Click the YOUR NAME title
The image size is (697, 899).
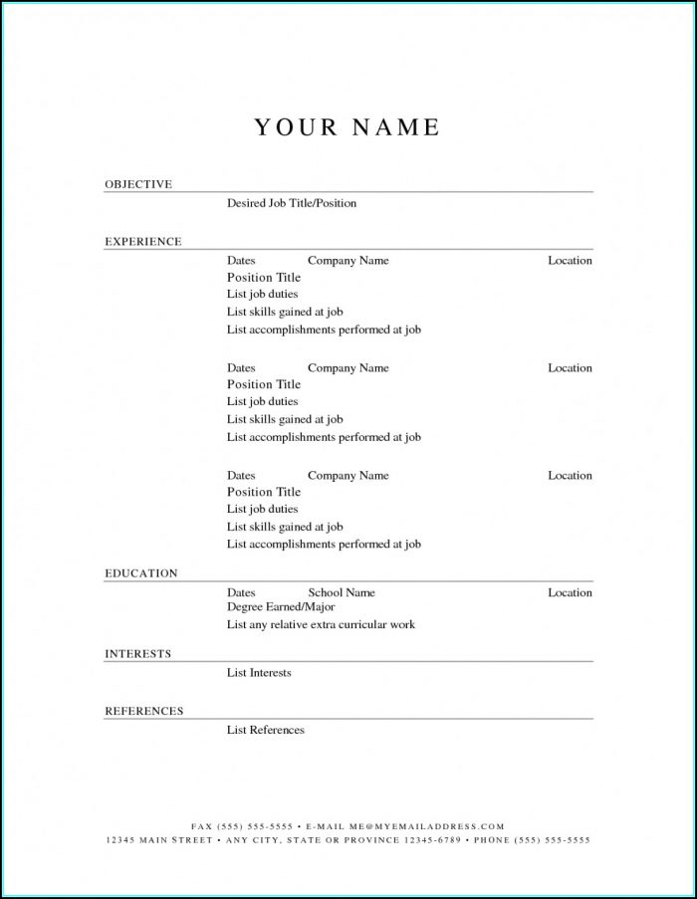pyautogui.click(x=347, y=127)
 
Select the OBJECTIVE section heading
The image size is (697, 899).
pyautogui.click(x=138, y=184)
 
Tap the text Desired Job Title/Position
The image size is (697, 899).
pyautogui.click(x=291, y=203)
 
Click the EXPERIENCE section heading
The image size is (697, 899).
pyautogui.click(x=143, y=241)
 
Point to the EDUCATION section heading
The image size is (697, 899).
pyautogui.click(x=141, y=573)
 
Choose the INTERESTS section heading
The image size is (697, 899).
pyautogui.click(x=138, y=654)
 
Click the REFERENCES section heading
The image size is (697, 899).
pyautogui.click(x=144, y=711)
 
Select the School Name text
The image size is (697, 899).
pyautogui.click(x=342, y=592)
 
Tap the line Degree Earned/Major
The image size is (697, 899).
pyautogui.click(x=281, y=606)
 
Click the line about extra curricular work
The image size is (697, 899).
pyautogui.click(x=321, y=624)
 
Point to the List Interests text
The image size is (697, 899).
pyautogui.click(x=259, y=673)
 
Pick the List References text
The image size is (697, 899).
pyautogui.click(x=265, y=730)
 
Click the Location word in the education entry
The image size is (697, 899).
pyautogui.click(x=570, y=592)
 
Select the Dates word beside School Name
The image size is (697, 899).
pyautogui.click(x=241, y=592)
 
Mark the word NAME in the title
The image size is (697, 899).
pyautogui.click(x=395, y=127)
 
